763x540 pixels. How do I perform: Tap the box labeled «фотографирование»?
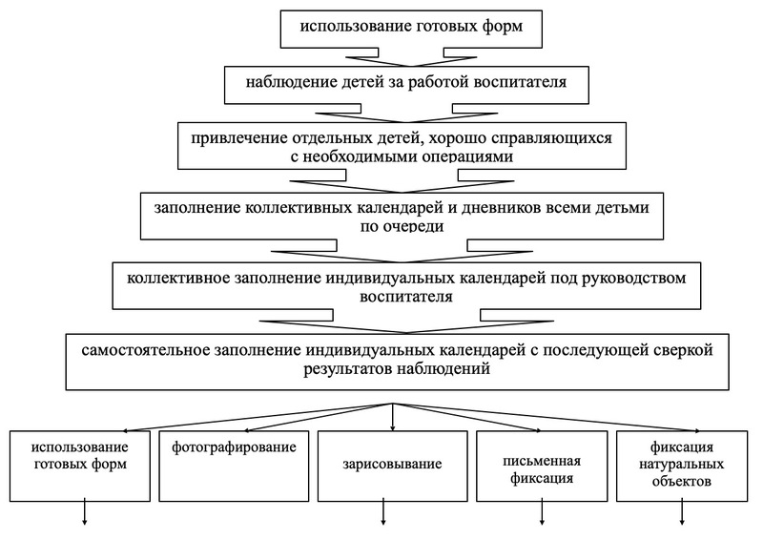(x=234, y=466)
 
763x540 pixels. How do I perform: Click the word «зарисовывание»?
(x=392, y=464)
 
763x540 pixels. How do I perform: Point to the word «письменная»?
(x=542, y=461)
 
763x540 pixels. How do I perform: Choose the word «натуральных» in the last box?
(x=681, y=464)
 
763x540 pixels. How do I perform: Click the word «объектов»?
(x=682, y=482)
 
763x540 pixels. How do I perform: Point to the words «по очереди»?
(x=402, y=226)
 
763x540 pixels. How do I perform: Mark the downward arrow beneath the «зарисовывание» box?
(x=383, y=511)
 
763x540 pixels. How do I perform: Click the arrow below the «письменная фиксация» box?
(x=542, y=511)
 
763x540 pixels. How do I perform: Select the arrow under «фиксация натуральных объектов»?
(x=682, y=511)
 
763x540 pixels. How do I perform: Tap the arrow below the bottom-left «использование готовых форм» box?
(x=85, y=511)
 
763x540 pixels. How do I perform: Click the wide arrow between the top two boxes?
(x=411, y=57)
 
